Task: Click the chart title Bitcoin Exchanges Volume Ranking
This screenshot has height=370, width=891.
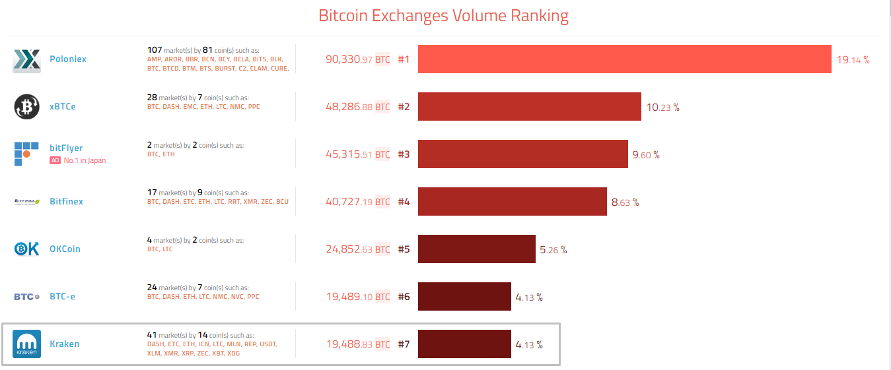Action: pyautogui.click(x=443, y=16)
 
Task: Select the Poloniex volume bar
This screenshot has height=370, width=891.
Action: pyautogui.click(x=624, y=59)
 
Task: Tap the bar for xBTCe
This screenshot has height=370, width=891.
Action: pyautogui.click(x=529, y=106)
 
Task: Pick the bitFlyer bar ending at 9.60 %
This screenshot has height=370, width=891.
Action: pyautogui.click(x=522, y=154)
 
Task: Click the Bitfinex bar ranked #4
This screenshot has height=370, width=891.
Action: pyautogui.click(x=512, y=201)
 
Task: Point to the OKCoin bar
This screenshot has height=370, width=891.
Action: pyautogui.click(x=476, y=249)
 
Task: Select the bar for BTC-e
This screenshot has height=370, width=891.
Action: pyautogui.click(x=464, y=296)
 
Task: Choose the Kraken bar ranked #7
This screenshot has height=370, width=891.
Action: pyautogui.click(x=464, y=344)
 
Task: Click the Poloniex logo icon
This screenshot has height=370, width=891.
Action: pyautogui.click(x=27, y=59)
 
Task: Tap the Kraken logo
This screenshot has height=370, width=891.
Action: pyautogui.click(x=27, y=344)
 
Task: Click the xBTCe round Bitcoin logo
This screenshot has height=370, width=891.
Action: pyautogui.click(x=27, y=107)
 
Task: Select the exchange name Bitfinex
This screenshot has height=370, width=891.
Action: pyautogui.click(x=66, y=201)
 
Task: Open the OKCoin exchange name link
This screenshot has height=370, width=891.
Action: pyautogui.click(x=65, y=249)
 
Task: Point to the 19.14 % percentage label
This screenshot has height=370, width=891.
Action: pyautogui.click(x=853, y=59)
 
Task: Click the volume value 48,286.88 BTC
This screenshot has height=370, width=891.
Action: pyautogui.click(x=357, y=107)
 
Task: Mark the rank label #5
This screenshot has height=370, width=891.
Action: pyautogui.click(x=404, y=249)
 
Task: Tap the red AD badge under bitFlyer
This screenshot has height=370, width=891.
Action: pyautogui.click(x=55, y=160)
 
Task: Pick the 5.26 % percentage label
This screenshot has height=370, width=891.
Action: pyautogui.click(x=553, y=250)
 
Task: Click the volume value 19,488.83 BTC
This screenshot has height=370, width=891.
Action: pyautogui.click(x=357, y=344)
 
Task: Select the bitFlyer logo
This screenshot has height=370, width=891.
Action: pyautogui.click(x=26, y=154)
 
